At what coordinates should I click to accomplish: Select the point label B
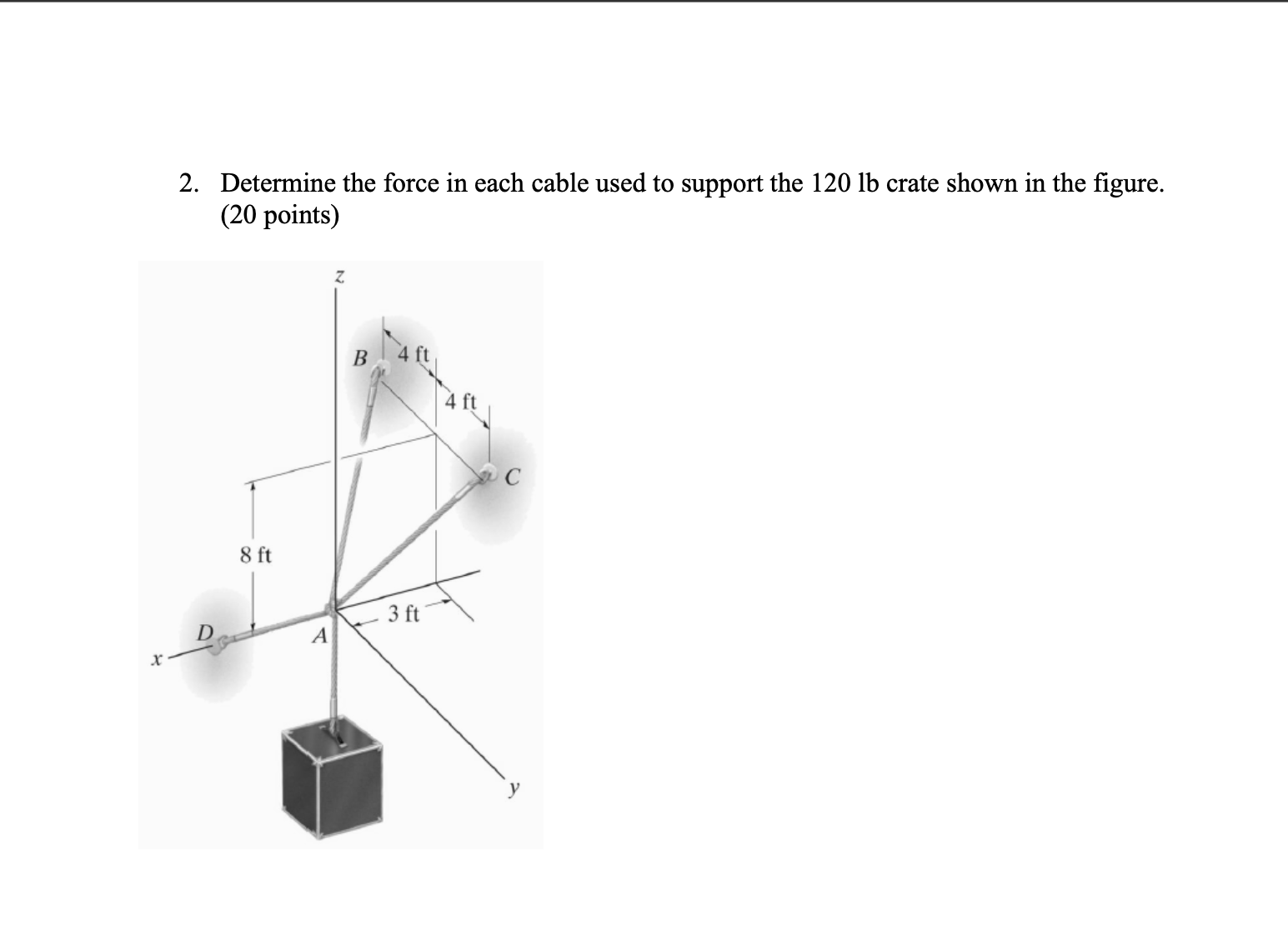[x=360, y=359]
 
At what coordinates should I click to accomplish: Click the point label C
[x=512, y=477]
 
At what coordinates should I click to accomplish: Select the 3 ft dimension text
[x=403, y=616]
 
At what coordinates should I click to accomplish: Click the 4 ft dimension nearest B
[x=413, y=354]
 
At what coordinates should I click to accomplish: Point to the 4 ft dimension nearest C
[x=460, y=402]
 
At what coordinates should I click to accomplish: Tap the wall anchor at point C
[x=486, y=473]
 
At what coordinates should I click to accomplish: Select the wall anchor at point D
[x=218, y=642]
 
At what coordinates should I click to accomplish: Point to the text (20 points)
[x=279, y=216]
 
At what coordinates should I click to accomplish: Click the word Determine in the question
[x=278, y=183]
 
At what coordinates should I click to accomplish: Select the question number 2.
[x=188, y=183]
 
